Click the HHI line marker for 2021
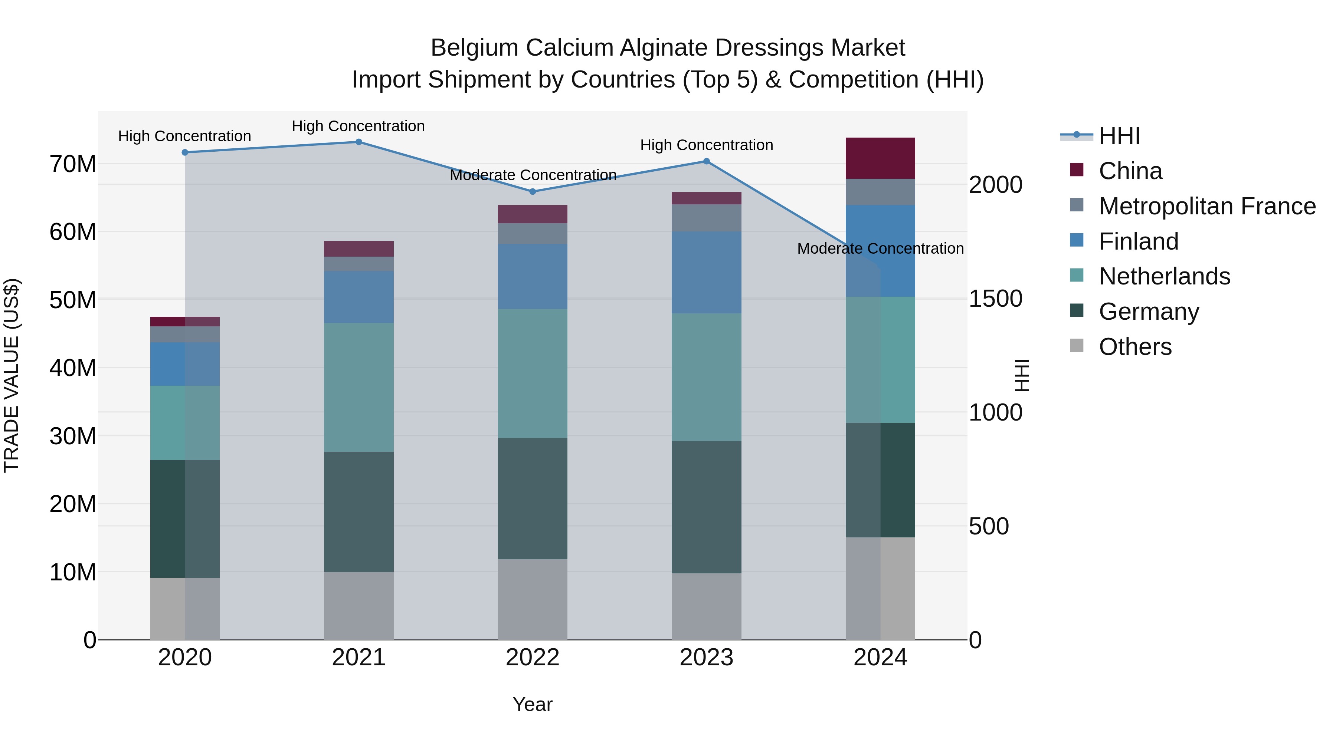click(358, 142)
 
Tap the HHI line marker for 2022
click(532, 192)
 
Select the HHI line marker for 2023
click(706, 161)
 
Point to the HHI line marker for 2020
click(185, 152)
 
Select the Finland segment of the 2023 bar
click(706, 272)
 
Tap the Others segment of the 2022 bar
click(532, 599)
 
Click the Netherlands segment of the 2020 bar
click(185, 422)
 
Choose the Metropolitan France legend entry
click(1207, 206)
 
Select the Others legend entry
click(1135, 347)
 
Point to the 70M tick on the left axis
click(73, 164)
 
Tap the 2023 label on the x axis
click(706, 658)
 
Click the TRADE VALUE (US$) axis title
click(12, 375)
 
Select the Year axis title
click(532, 704)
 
